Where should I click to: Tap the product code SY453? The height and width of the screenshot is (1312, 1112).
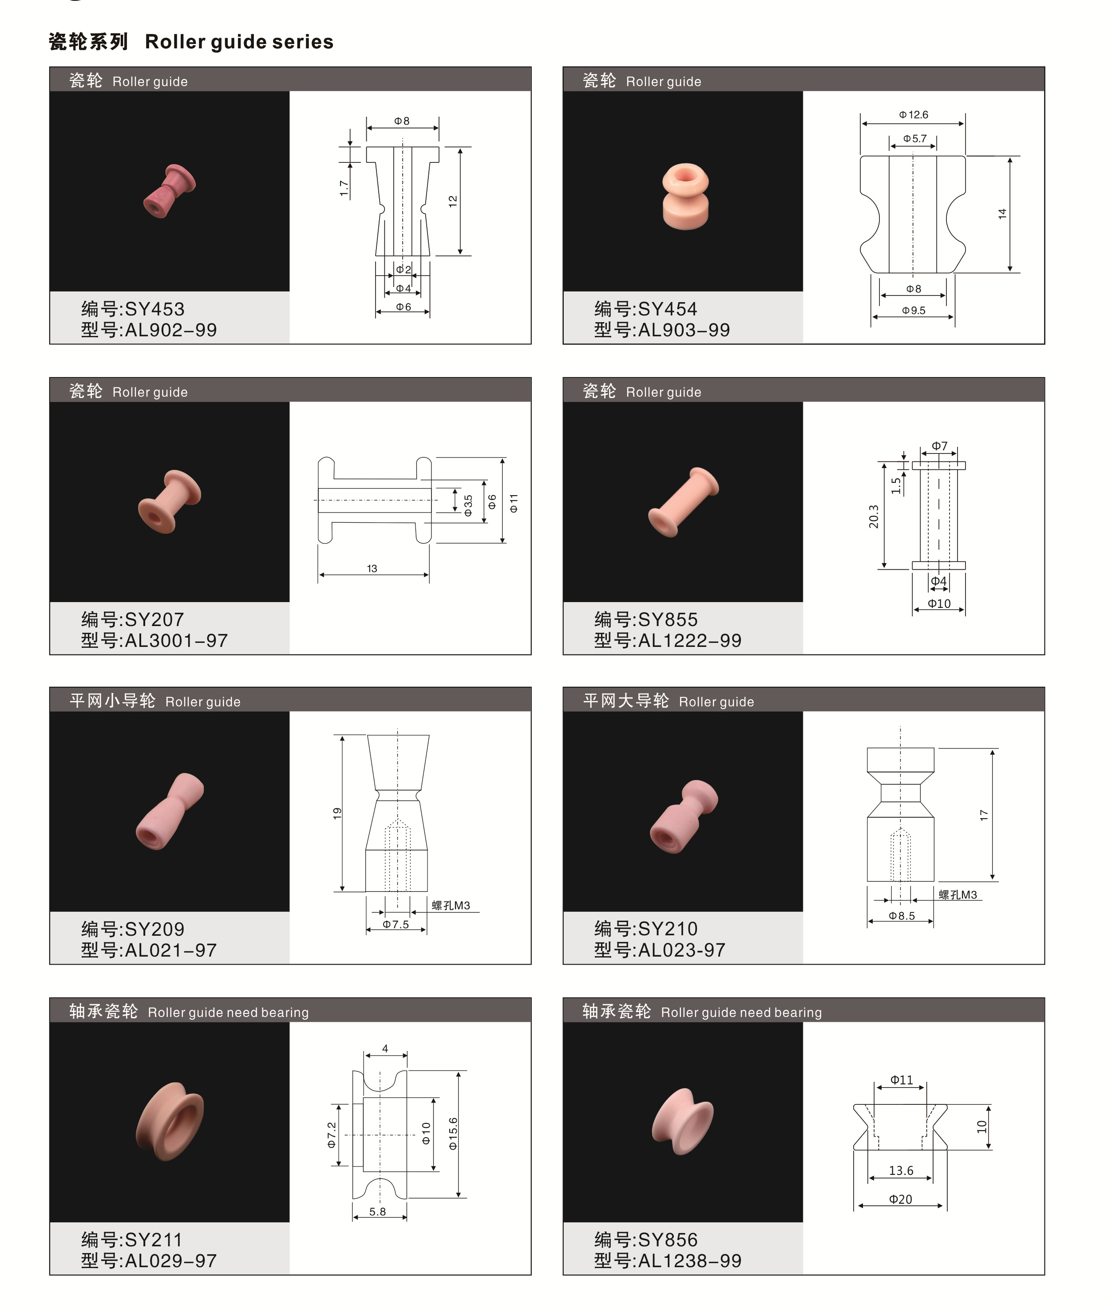point(154,309)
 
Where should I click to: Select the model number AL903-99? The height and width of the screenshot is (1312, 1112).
point(684,330)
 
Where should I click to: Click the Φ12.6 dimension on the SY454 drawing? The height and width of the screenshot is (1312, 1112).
point(914,114)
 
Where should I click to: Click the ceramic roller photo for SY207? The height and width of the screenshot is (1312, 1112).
point(169,502)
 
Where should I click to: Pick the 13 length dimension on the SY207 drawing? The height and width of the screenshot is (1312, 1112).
point(372,568)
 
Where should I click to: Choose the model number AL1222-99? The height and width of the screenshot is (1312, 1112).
point(690,640)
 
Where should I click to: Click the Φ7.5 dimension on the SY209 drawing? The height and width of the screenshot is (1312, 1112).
point(396,925)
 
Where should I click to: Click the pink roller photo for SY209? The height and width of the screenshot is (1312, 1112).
point(170,811)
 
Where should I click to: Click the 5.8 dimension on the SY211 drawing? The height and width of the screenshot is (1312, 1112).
point(378,1211)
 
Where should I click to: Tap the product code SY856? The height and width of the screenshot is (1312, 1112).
point(668,1240)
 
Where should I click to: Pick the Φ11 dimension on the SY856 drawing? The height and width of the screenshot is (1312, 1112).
point(902,1080)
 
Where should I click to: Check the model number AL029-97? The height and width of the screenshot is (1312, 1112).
point(171,1261)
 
